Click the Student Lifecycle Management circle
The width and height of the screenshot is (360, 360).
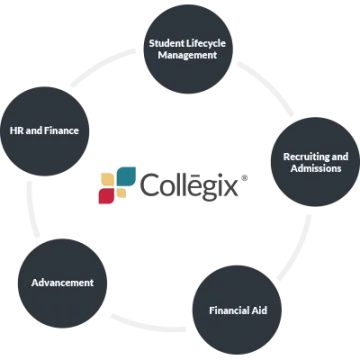pos(195,48)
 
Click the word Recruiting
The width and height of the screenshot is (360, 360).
pos(299,156)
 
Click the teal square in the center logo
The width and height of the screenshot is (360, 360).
pos(125,174)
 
